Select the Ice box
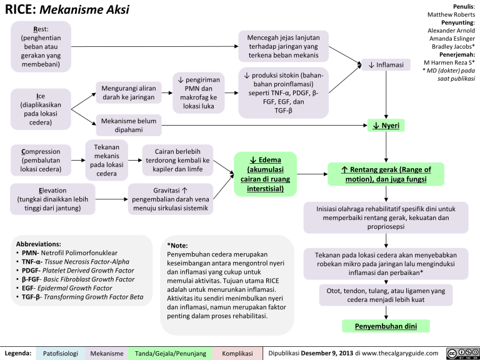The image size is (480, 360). pos(40,109)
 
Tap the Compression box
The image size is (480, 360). pos(40,160)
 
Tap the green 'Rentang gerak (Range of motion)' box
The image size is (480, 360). pos(386,174)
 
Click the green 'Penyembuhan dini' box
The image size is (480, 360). pos(386,326)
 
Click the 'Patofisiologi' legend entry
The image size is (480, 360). pos(61,353)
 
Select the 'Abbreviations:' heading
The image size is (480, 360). pos(42,242)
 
